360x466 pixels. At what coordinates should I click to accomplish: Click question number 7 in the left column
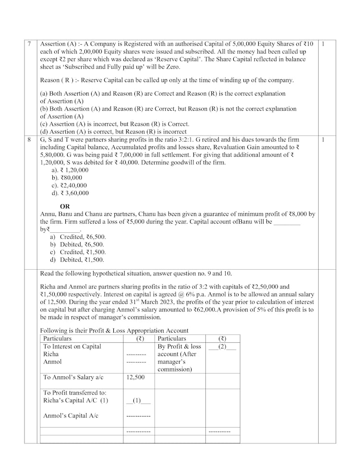pos(29,44)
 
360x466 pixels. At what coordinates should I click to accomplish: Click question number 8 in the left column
pos(29,140)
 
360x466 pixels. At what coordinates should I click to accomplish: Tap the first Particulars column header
pos(57,338)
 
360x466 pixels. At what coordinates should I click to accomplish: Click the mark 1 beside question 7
pos(324,44)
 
